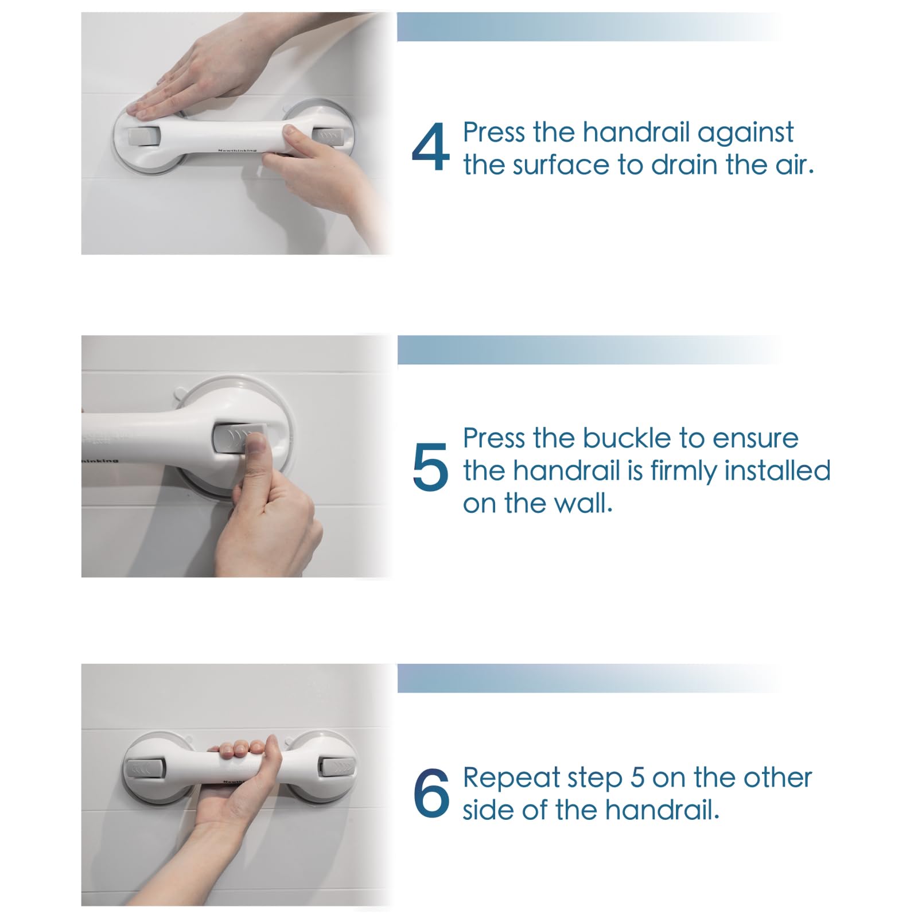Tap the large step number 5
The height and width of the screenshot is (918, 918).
(430, 467)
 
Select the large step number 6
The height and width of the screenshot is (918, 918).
(431, 793)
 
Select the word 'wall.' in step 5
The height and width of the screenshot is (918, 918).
(584, 503)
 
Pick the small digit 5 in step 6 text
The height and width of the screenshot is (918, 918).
(637, 778)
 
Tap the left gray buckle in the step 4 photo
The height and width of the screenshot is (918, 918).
(142, 136)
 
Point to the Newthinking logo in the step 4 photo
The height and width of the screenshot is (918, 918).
(237, 150)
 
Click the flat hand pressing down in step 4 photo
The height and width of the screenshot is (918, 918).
(189, 75)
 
